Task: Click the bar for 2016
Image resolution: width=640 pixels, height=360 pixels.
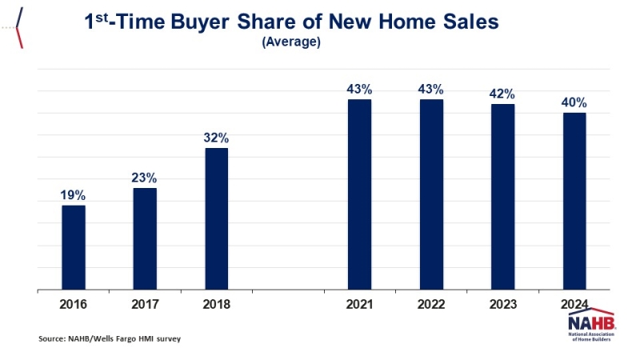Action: tap(74, 247)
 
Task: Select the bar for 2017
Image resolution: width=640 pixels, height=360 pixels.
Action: tap(145, 238)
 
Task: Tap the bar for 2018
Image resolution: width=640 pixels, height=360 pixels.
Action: tap(217, 218)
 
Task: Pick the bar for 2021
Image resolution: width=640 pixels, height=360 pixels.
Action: tap(359, 194)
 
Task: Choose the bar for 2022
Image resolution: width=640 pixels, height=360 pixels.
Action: tap(431, 194)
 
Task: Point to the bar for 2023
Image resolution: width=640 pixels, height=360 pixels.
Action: tap(502, 197)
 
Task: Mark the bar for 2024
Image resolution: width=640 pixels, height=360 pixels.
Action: tap(574, 201)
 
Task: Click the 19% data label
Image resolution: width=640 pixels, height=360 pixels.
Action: tap(73, 195)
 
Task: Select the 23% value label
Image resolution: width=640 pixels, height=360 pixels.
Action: tap(145, 178)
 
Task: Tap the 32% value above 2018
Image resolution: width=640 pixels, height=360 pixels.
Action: tap(217, 138)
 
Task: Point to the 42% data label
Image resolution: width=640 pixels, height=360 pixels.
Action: tap(502, 94)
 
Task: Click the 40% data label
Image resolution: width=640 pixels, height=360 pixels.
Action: tap(574, 102)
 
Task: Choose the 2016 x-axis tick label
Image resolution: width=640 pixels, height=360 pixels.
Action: tap(73, 305)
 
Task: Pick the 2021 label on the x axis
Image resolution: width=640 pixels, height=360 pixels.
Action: tap(359, 305)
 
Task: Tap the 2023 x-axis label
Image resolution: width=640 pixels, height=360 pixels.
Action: tap(502, 305)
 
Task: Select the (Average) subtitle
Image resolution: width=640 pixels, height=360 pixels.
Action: tap(291, 42)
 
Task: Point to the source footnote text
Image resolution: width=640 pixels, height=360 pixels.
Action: tap(110, 339)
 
